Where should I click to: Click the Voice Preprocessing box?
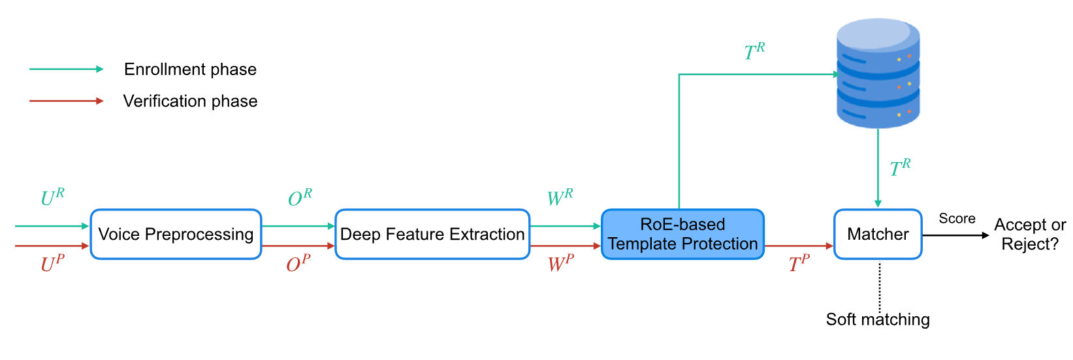(176, 235)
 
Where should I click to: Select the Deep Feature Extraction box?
(432, 235)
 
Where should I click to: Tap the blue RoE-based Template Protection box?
(682, 235)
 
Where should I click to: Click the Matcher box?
(878, 235)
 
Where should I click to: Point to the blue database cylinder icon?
(878, 73)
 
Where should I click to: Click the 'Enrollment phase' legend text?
(190, 69)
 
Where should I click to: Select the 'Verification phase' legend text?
(190, 101)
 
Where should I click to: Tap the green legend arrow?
(66, 69)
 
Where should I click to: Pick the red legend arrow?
(66, 101)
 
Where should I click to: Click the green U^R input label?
(52, 197)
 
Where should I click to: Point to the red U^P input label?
(52, 263)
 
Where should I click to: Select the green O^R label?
(300, 197)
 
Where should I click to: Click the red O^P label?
(298, 263)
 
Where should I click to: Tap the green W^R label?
(560, 197)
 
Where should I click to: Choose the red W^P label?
(560, 263)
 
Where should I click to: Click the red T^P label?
(799, 263)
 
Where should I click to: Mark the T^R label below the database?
(900, 168)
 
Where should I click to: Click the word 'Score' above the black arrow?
(957, 219)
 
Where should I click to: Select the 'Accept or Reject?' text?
(1030, 235)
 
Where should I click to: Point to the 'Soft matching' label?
(878, 319)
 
